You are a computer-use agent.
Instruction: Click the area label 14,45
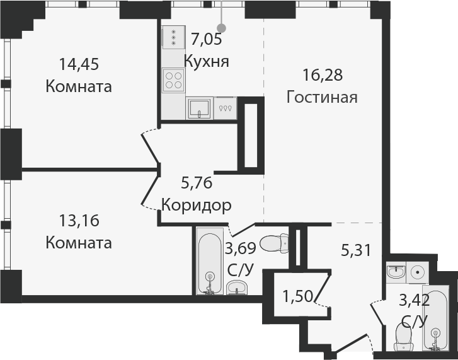(x=79, y=64)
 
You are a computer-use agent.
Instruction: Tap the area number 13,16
(x=79, y=221)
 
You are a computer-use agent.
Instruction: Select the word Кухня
(x=207, y=62)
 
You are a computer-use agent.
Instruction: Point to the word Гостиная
(x=322, y=97)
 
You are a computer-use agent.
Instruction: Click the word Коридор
(x=197, y=205)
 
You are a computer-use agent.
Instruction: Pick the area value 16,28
(x=323, y=75)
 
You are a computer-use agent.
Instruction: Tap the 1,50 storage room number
(x=297, y=296)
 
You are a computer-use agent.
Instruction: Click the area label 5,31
(x=356, y=250)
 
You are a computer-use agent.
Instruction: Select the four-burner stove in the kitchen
(x=173, y=80)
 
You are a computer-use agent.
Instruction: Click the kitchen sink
(x=199, y=108)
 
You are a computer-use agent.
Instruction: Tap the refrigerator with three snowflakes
(x=173, y=37)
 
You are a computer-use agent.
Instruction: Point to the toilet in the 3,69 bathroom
(x=274, y=243)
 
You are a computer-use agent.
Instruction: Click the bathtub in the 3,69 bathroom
(x=210, y=261)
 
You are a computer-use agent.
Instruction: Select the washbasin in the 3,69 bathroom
(x=236, y=287)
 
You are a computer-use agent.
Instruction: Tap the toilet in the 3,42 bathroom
(x=403, y=338)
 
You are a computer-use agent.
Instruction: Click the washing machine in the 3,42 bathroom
(x=418, y=272)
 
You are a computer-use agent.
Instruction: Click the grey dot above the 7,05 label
(x=222, y=28)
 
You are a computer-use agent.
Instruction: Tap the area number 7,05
(x=207, y=40)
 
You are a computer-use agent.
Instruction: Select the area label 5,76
(x=197, y=183)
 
